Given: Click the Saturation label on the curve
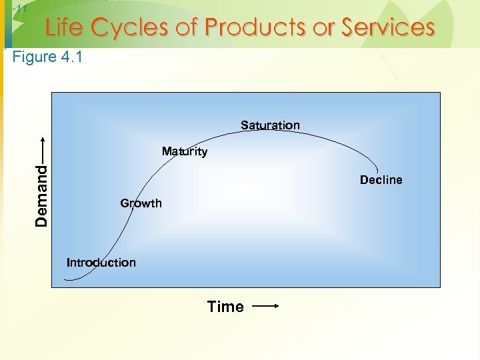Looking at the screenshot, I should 270,125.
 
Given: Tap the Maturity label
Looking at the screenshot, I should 185,151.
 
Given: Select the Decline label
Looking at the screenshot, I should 381,180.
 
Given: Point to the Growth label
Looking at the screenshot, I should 141,203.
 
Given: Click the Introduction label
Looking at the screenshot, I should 101,263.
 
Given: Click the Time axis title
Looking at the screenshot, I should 225,307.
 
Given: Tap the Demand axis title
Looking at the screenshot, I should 42,195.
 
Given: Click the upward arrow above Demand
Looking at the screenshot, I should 42,149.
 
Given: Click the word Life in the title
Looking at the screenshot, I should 65,27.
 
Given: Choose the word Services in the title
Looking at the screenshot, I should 388,27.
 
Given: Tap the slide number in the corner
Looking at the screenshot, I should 19,9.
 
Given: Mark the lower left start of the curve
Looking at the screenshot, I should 66,279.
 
